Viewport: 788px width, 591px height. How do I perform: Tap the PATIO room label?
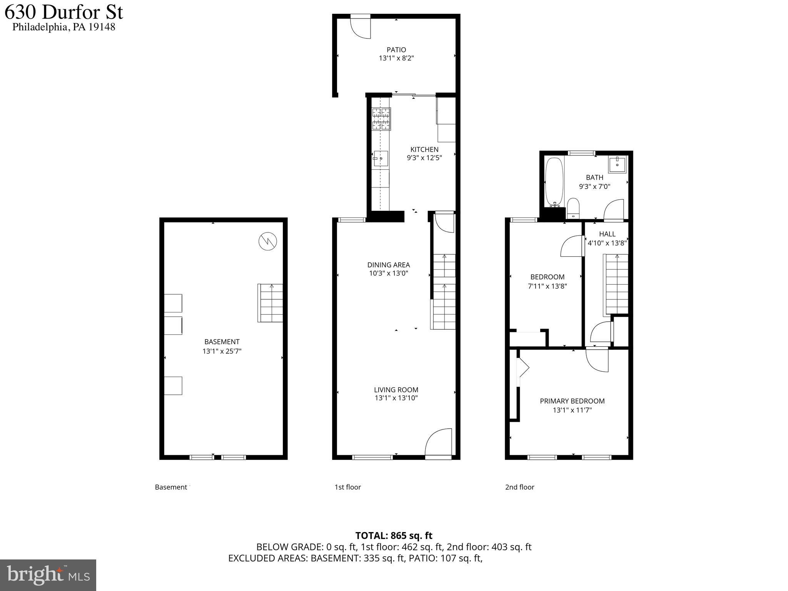(x=396, y=50)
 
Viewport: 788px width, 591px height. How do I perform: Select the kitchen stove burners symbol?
(x=381, y=119)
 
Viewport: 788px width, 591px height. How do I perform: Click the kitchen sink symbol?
(x=381, y=158)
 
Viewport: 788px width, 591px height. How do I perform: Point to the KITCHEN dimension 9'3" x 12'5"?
(x=424, y=158)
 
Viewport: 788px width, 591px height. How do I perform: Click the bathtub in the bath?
(x=554, y=182)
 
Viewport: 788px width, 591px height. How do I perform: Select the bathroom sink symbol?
(x=617, y=164)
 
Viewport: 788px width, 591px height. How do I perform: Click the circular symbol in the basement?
(x=267, y=242)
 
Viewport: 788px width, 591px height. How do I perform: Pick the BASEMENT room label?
(x=222, y=342)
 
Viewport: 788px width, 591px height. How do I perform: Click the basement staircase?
(x=270, y=303)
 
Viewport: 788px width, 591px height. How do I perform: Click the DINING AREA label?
(x=388, y=265)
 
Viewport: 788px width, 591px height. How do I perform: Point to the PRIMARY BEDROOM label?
(x=572, y=401)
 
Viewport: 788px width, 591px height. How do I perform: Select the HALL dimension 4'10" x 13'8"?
(x=607, y=243)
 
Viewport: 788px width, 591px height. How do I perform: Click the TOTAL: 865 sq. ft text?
(x=394, y=536)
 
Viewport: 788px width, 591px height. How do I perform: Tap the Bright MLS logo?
(x=48, y=575)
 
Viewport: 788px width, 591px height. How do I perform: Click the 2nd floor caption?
(x=519, y=487)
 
